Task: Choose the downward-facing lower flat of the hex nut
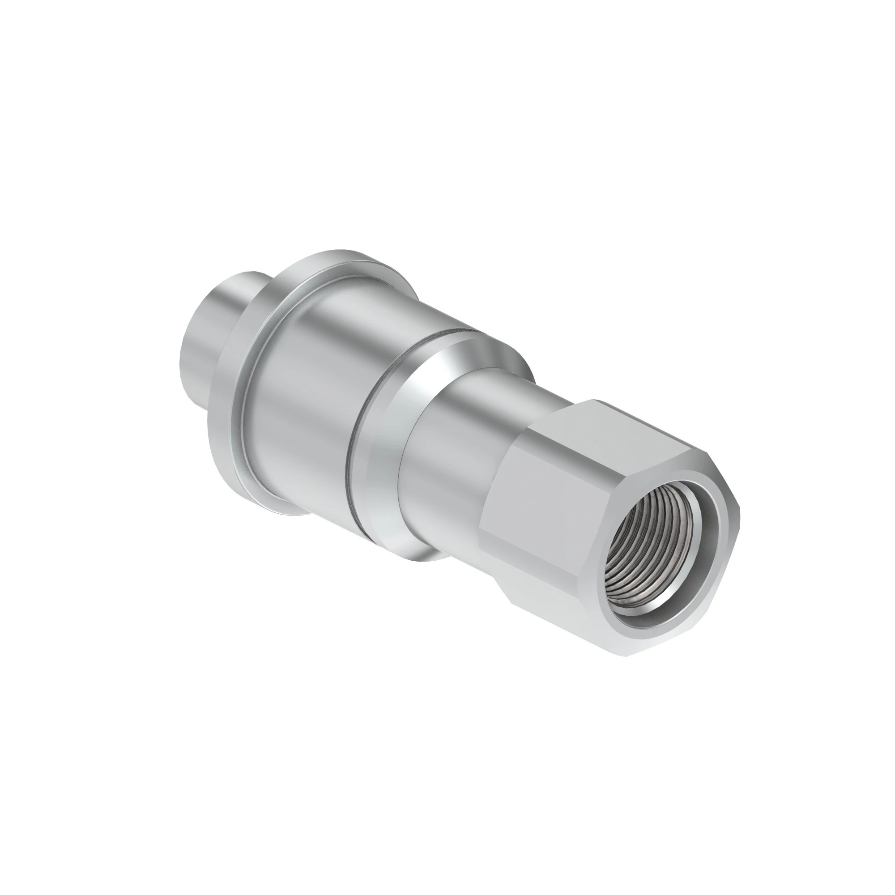(x=556, y=616)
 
